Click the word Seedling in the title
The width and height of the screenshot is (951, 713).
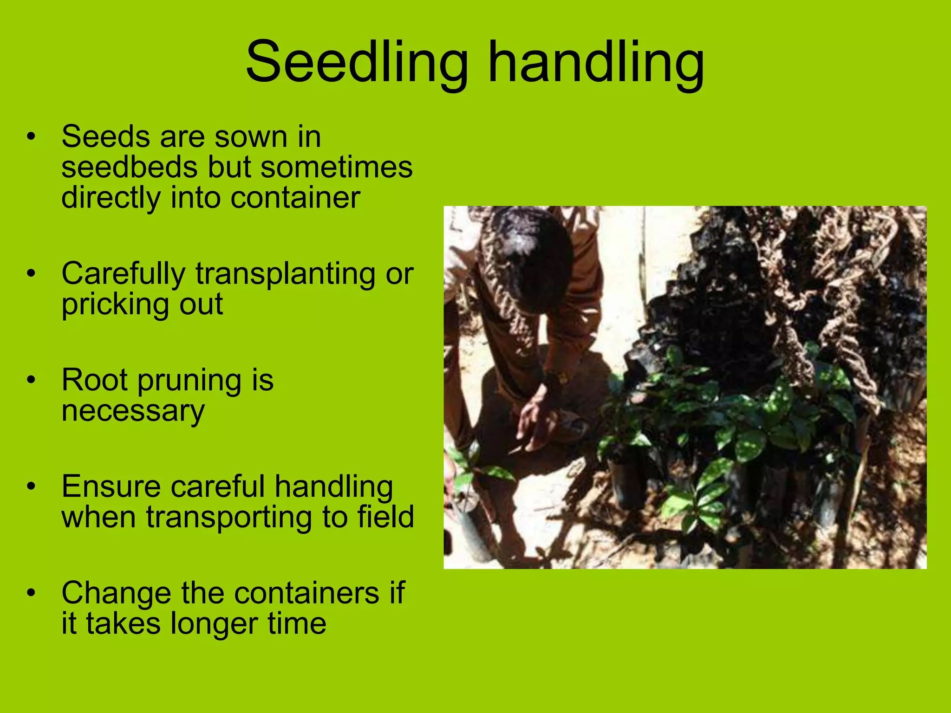[357, 63]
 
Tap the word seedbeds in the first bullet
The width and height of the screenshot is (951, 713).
[130, 168]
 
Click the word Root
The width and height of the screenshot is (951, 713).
[95, 380]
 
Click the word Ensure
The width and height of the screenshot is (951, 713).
[111, 487]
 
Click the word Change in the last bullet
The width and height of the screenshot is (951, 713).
[116, 593]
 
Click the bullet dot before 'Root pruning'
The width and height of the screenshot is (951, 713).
[31, 380]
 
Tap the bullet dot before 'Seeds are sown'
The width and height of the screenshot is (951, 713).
[31, 137]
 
